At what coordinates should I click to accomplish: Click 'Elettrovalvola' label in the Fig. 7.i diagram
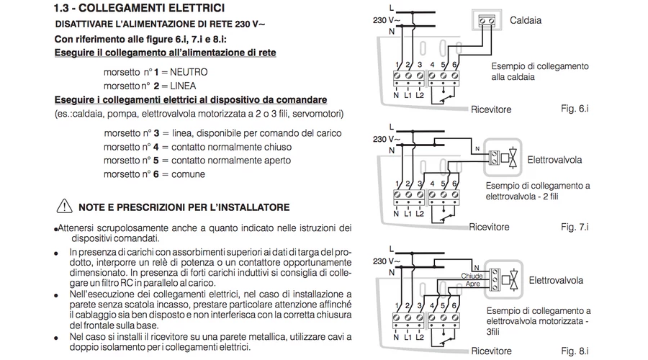[x=554, y=158]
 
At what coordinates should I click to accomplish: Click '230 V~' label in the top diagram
[x=384, y=20]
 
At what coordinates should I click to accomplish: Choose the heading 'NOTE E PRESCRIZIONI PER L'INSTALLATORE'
[x=184, y=207]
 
